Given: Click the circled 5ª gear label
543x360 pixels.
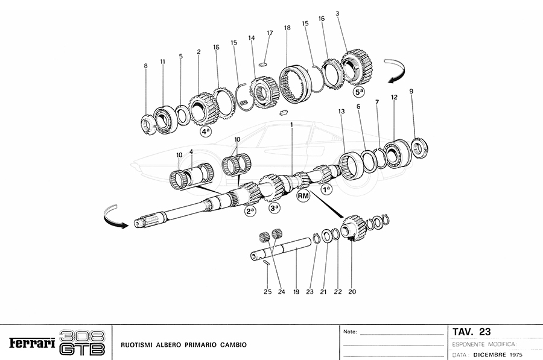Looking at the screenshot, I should [x=360, y=92].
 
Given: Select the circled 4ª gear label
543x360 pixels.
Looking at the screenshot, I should [x=205, y=131].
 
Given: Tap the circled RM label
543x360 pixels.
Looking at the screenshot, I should [x=303, y=195].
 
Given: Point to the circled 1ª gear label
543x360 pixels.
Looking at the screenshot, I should [x=326, y=189].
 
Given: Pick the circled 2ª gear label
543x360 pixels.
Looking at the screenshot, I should [x=250, y=211].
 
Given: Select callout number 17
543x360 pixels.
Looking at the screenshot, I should [x=270, y=33].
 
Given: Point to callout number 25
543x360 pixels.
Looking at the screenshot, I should [x=268, y=292].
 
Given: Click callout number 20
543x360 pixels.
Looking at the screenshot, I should [x=352, y=292].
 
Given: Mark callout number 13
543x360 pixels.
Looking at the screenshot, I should [x=341, y=112].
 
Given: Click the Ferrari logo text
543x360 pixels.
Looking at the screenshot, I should [x=31, y=343].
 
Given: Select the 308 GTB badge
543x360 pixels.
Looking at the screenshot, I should [x=83, y=343].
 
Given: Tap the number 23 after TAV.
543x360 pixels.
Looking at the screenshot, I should [x=484, y=332].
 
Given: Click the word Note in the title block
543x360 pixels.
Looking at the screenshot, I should [x=350, y=332].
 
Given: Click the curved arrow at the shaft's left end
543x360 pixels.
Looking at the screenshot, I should [x=115, y=216].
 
